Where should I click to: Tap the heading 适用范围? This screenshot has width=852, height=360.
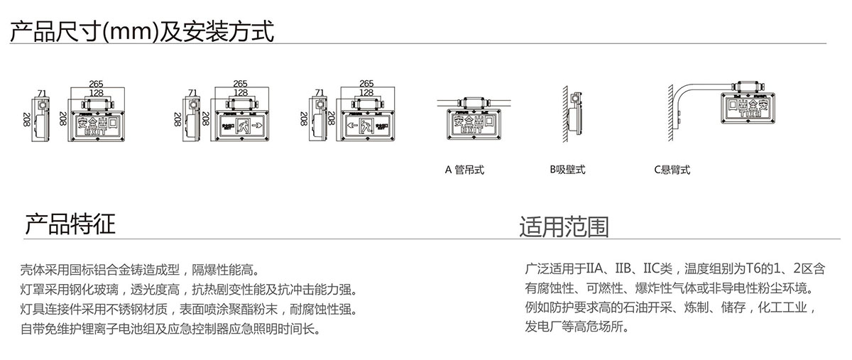(564, 226)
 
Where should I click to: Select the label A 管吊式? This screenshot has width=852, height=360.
(464, 170)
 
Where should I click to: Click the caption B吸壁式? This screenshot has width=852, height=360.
(567, 170)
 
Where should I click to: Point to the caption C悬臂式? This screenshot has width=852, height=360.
(672, 170)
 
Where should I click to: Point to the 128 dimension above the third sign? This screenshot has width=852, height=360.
(366, 92)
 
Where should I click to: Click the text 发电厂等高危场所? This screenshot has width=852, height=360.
(577, 327)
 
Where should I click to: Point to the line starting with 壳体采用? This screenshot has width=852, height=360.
(140, 271)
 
